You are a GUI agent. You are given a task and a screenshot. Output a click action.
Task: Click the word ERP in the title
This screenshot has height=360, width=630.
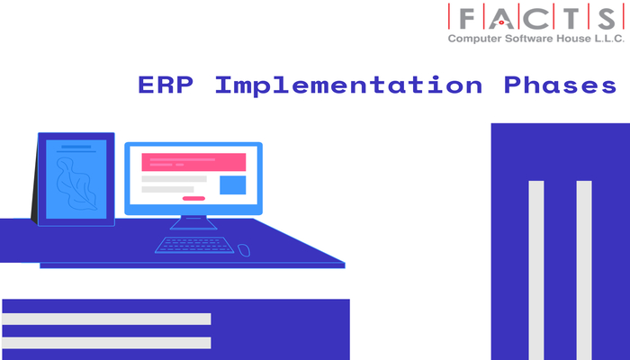pos(165,86)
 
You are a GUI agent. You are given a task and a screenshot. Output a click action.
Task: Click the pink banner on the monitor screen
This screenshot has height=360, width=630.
pos(193,162)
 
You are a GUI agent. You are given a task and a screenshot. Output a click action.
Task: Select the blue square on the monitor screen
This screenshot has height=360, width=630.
pos(233,185)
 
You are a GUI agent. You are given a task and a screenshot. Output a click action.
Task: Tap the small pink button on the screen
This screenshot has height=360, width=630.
pos(193,198)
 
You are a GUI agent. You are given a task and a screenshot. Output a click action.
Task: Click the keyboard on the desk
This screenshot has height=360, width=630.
pos(194,245)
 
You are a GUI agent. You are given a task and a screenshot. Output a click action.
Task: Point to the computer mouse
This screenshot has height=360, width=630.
pos(244,248)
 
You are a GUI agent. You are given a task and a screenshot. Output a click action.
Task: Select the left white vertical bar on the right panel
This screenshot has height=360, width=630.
pos(536,270)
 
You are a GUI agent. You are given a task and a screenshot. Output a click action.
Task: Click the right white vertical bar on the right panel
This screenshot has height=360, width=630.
pos(584,270)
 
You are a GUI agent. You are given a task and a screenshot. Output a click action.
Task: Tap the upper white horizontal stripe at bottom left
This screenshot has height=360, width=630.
pos(106,319)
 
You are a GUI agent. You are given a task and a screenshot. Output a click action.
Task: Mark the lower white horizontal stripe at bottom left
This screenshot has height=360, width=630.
pos(106,343)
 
